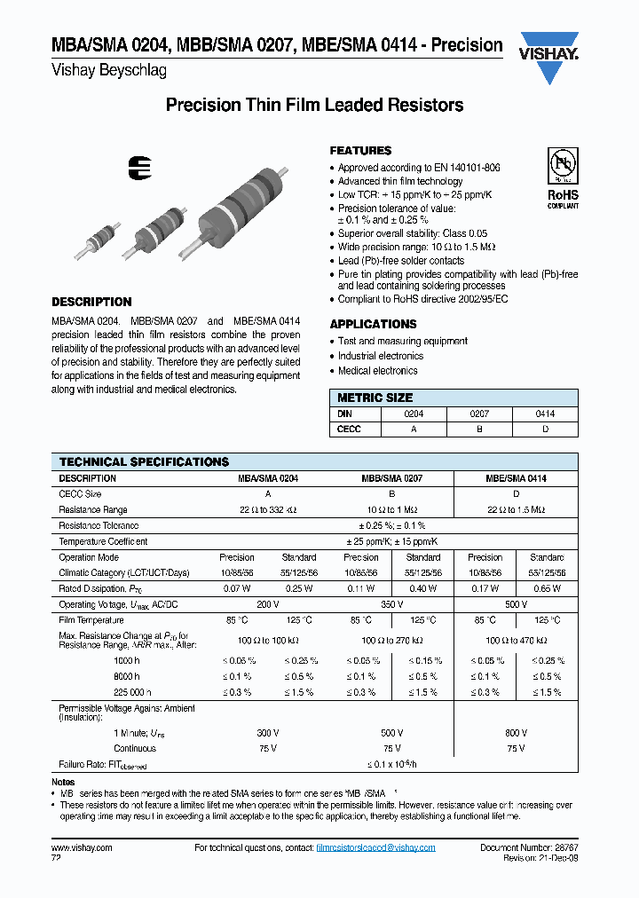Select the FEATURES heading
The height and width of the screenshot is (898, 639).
coord(360,151)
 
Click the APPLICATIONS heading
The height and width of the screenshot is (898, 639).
coord(373,324)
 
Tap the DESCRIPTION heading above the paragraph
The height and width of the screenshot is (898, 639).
coord(91,302)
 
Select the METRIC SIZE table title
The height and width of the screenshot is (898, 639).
coord(375,398)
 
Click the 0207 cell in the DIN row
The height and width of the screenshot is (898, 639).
coord(479,414)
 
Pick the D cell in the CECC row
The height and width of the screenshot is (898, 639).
coord(545,429)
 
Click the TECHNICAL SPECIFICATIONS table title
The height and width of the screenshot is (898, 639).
coord(144,462)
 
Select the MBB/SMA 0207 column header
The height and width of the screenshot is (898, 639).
coord(391,478)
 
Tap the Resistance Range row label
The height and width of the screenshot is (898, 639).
coord(93,510)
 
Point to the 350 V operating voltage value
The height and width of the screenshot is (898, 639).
coord(391,604)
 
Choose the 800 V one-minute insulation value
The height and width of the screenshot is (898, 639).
coord(515,734)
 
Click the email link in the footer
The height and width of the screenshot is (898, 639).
coord(375,847)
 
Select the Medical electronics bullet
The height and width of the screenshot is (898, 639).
coord(377,371)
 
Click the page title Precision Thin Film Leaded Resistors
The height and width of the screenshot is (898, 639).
coord(315,106)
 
